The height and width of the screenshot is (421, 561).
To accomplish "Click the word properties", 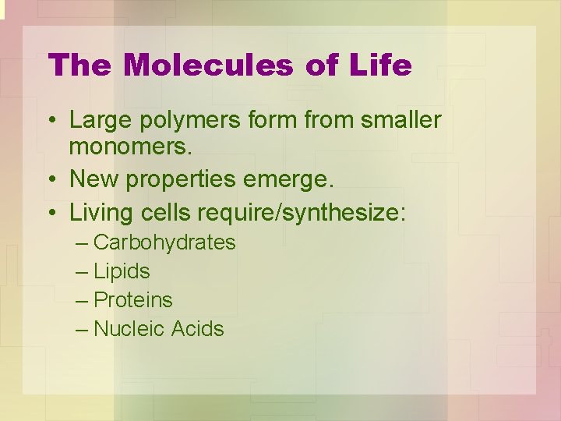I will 171,180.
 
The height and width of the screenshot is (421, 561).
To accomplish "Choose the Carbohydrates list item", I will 164,242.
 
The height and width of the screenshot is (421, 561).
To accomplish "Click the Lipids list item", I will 122,271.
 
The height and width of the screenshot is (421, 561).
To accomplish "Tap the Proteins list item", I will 132,300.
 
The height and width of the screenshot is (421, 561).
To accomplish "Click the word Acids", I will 198,329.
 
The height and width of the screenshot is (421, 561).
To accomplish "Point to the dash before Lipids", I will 83,272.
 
